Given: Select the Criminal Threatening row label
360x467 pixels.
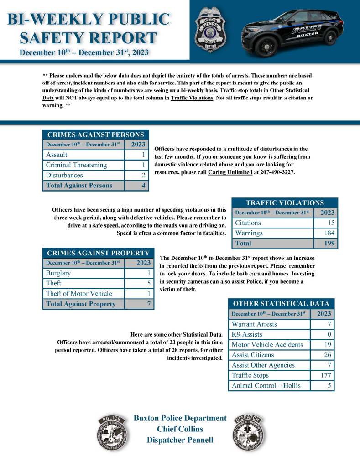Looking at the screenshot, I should click(76, 165).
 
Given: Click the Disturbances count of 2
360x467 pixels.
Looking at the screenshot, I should click(143, 176).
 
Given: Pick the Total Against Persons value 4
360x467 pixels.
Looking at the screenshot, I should click(143, 186).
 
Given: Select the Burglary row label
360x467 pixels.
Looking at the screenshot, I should click(58, 273).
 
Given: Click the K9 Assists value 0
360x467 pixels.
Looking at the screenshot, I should click(329, 334).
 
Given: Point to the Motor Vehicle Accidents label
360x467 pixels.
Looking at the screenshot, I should click(267, 345).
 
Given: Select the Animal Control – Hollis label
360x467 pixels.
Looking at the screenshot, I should click(266, 386).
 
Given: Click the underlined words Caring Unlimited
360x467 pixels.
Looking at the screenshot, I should click(230, 172).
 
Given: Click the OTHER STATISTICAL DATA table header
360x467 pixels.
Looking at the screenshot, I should click(281, 304).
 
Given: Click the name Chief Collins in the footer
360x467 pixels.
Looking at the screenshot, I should click(180, 429).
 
